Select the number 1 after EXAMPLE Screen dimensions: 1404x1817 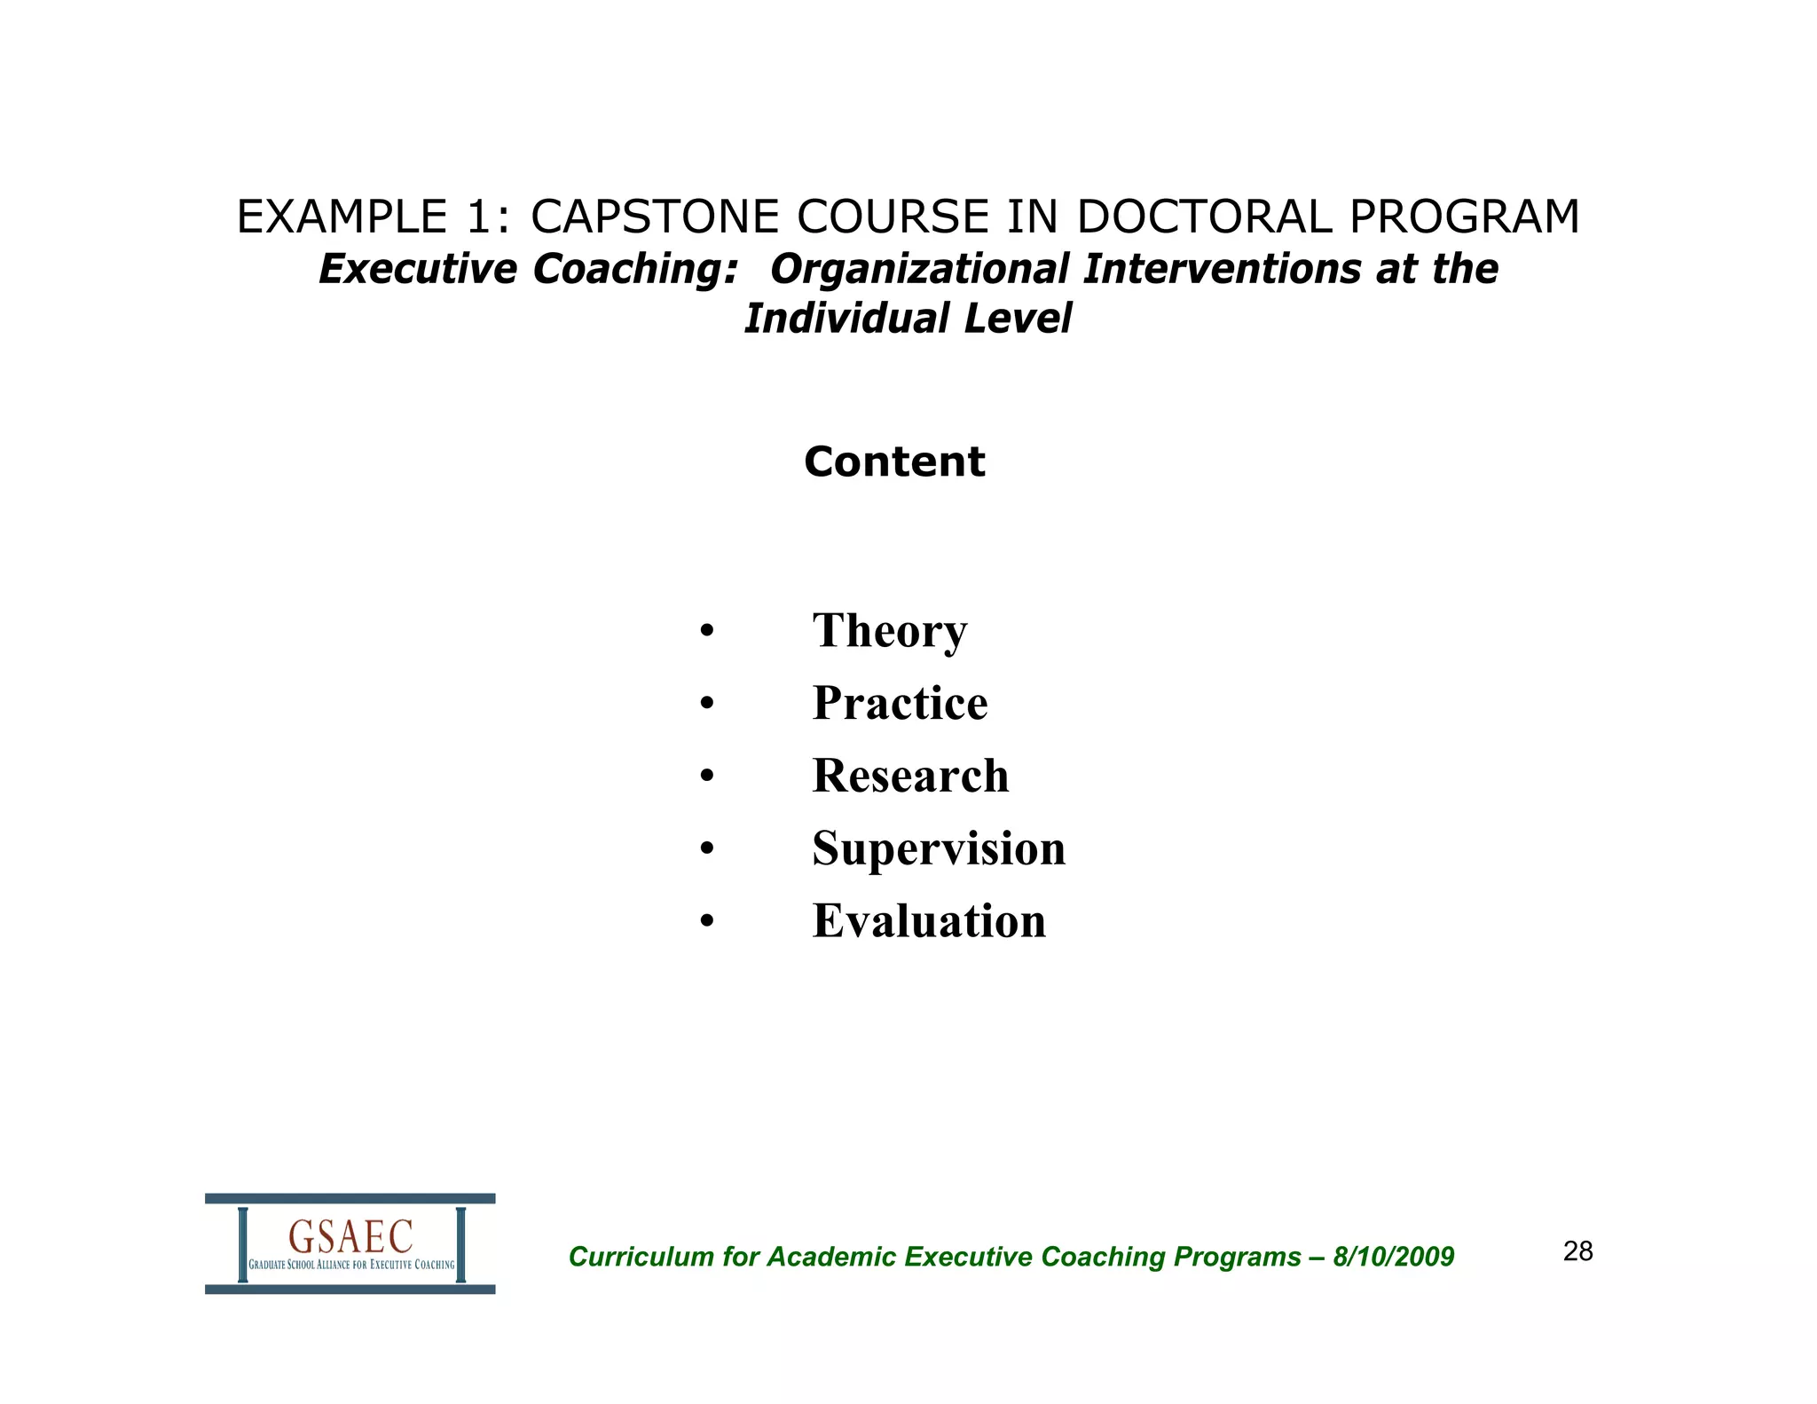[x=479, y=217]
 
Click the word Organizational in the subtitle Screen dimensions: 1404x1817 [x=919, y=269]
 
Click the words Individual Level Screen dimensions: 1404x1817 [x=908, y=319]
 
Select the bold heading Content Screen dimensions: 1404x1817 [x=894, y=461]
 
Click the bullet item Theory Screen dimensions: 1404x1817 [x=889, y=631]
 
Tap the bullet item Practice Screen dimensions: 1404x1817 [x=900, y=703]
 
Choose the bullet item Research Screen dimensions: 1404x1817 [x=910, y=776]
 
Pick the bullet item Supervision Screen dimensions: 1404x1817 [x=939, y=848]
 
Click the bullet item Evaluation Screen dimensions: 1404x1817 [x=929, y=921]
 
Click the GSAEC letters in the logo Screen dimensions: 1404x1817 [x=350, y=1236]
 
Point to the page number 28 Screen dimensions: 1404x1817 [x=1577, y=1251]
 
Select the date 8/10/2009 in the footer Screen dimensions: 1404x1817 [x=1393, y=1257]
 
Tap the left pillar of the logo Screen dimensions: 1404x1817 [x=242, y=1244]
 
